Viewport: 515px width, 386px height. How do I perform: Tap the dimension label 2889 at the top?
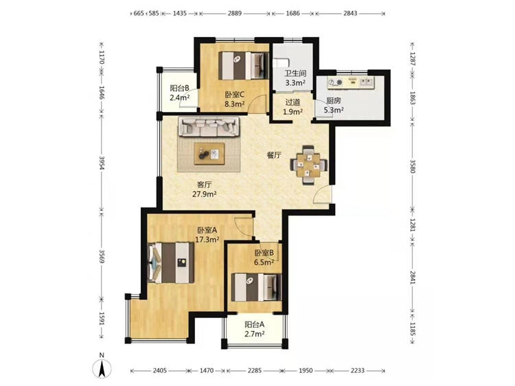tap(235, 14)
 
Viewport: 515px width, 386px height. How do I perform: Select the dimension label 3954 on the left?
tap(102, 163)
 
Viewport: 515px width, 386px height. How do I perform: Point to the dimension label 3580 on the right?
tap(413, 166)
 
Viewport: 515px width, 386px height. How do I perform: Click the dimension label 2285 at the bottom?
tap(255, 371)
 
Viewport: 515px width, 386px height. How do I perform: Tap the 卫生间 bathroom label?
tap(295, 73)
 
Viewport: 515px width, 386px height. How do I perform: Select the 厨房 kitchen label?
tap(333, 101)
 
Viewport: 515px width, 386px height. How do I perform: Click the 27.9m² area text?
tap(205, 194)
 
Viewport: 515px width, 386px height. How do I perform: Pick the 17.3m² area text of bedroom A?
tap(207, 240)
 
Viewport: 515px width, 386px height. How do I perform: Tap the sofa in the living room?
tap(209, 126)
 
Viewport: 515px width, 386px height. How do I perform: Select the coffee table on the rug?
tap(209, 153)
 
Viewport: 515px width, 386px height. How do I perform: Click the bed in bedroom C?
tap(244, 66)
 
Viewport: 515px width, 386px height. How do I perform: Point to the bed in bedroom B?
tap(257, 287)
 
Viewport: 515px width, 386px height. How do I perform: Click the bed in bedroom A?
tap(171, 263)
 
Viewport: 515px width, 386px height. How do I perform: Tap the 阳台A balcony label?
tap(255, 325)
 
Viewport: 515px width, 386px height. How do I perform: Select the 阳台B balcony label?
tap(179, 89)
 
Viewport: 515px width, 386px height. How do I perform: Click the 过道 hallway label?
tap(293, 102)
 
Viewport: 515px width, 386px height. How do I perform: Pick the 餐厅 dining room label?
tap(274, 155)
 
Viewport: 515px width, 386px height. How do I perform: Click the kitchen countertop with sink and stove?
tap(350, 82)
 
